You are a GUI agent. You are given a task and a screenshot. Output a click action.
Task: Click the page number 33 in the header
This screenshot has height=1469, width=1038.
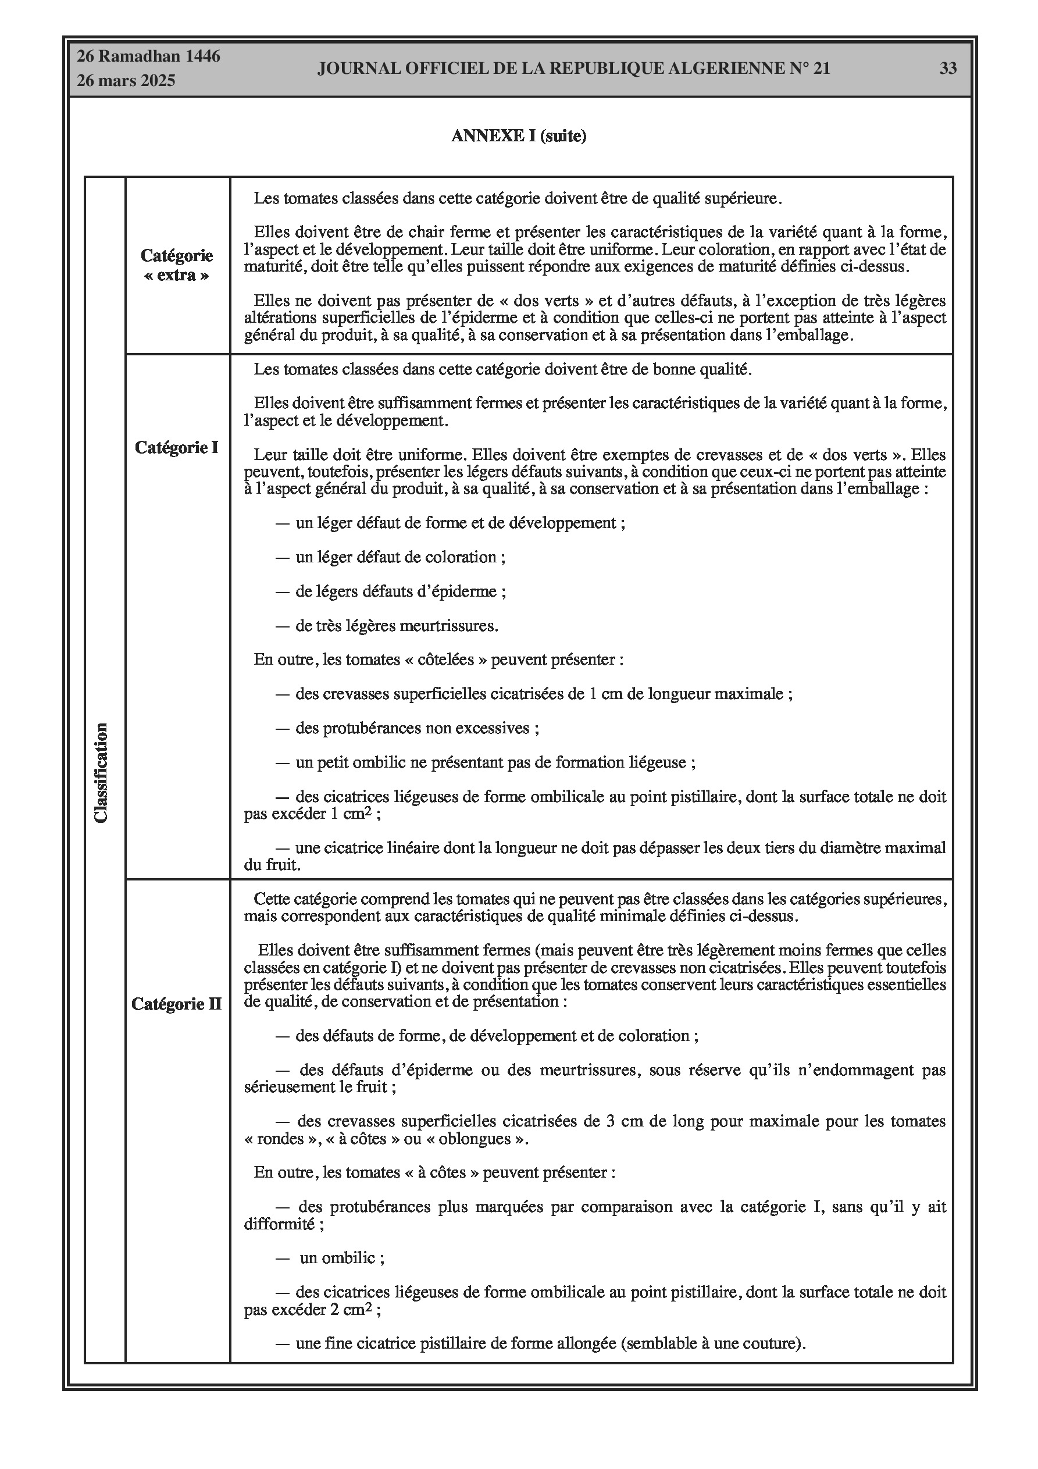point(948,69)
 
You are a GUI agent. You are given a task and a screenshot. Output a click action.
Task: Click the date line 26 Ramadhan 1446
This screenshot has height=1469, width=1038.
point(148,56)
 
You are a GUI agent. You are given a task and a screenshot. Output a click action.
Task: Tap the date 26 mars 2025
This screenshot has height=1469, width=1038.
point(126,81)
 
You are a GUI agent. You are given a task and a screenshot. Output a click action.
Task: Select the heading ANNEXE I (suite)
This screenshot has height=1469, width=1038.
point(518,136)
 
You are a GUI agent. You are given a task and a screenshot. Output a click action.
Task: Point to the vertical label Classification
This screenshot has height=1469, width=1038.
point(101,772)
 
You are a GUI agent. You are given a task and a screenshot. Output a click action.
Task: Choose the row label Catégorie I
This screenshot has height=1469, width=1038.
point(177,447)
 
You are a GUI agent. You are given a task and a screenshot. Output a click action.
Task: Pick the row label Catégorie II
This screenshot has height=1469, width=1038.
point(177,1004)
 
